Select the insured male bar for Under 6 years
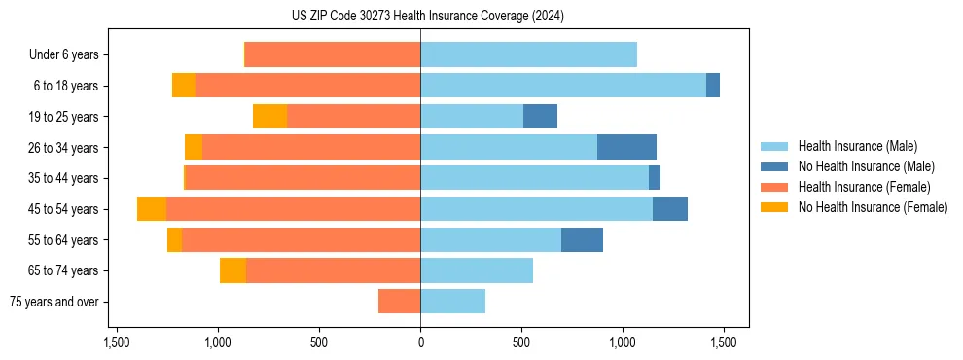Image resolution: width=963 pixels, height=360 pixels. (528, 54)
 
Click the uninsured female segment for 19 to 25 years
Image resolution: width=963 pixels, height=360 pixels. (269, 117)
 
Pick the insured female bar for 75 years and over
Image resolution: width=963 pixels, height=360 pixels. (399, 302)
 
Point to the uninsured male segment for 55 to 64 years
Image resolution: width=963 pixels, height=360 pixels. (582, 239)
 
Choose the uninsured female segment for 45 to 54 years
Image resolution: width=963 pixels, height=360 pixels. (152, 209)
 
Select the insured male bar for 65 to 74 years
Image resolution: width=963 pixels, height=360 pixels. (477, 270)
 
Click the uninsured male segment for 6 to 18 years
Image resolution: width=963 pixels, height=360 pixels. (713, 86)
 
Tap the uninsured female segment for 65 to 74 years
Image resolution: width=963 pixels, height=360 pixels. (232, 270)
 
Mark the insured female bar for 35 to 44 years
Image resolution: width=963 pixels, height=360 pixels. (303, 178)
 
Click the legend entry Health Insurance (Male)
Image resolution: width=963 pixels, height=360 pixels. (857, 146)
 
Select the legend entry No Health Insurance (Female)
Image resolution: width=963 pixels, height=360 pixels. (873, 207)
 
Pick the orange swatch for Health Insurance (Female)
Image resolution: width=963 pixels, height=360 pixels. (774, 187)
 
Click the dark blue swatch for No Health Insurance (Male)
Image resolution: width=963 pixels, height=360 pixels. (774, 166)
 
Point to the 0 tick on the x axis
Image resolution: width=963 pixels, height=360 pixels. (420, 342)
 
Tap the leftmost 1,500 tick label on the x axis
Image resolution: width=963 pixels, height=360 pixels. (116, 342)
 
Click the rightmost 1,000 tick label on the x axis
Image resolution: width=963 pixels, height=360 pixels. (623, 342)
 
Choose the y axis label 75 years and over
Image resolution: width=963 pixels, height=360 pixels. (53, 302)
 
